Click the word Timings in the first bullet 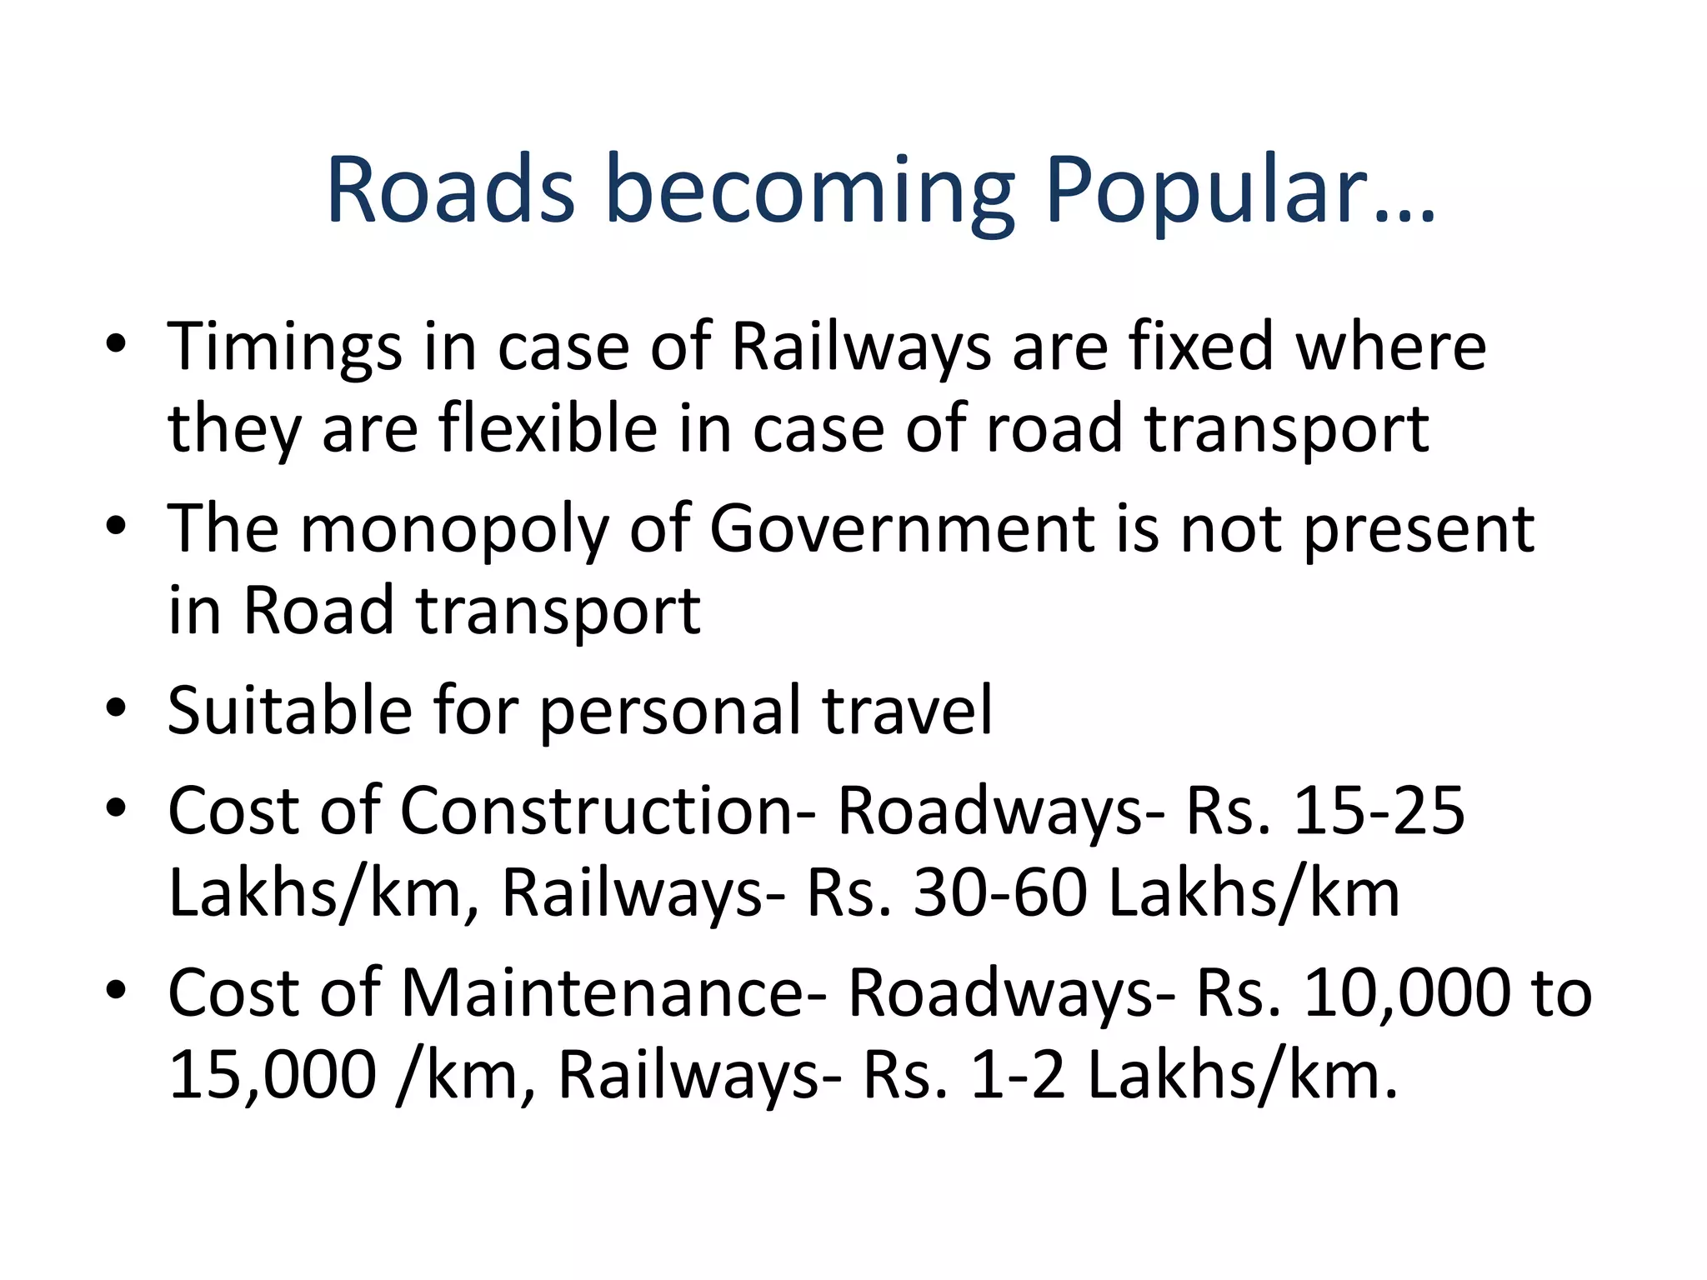pyautogui.click(x=284, y=347)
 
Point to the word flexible pyautogui.click(x=548, y=428)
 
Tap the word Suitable pyautogui.click(x=289, y=710)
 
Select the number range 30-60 pyautogui.click(x=1000, y=892)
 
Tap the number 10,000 pyautogui.click(x=1407, y=992)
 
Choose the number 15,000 pyautogui.click(x=273, y=1075)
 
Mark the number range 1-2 pyautogui.click(x=1018, y=1075)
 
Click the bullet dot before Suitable pyautogui.click(x=116, y=709)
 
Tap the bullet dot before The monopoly pyautogui.click(x=116, y=527)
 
